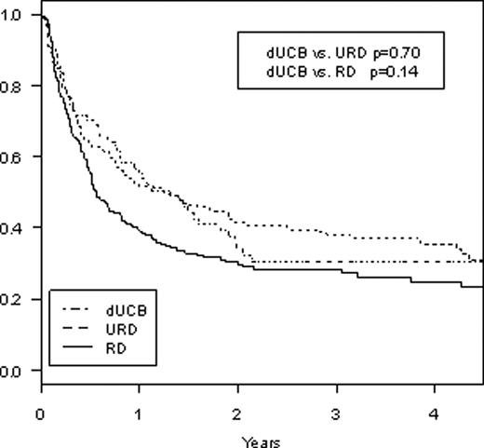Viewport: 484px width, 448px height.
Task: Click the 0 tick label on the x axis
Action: [x=41, y=413]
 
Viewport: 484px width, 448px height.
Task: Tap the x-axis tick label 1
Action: [x=139, y=413]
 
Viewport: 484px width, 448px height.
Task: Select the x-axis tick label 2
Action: [x=237, y=413]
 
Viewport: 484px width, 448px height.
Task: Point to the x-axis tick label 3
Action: [x=336, y=413]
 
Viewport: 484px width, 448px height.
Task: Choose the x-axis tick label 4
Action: [x=435, y=413]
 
